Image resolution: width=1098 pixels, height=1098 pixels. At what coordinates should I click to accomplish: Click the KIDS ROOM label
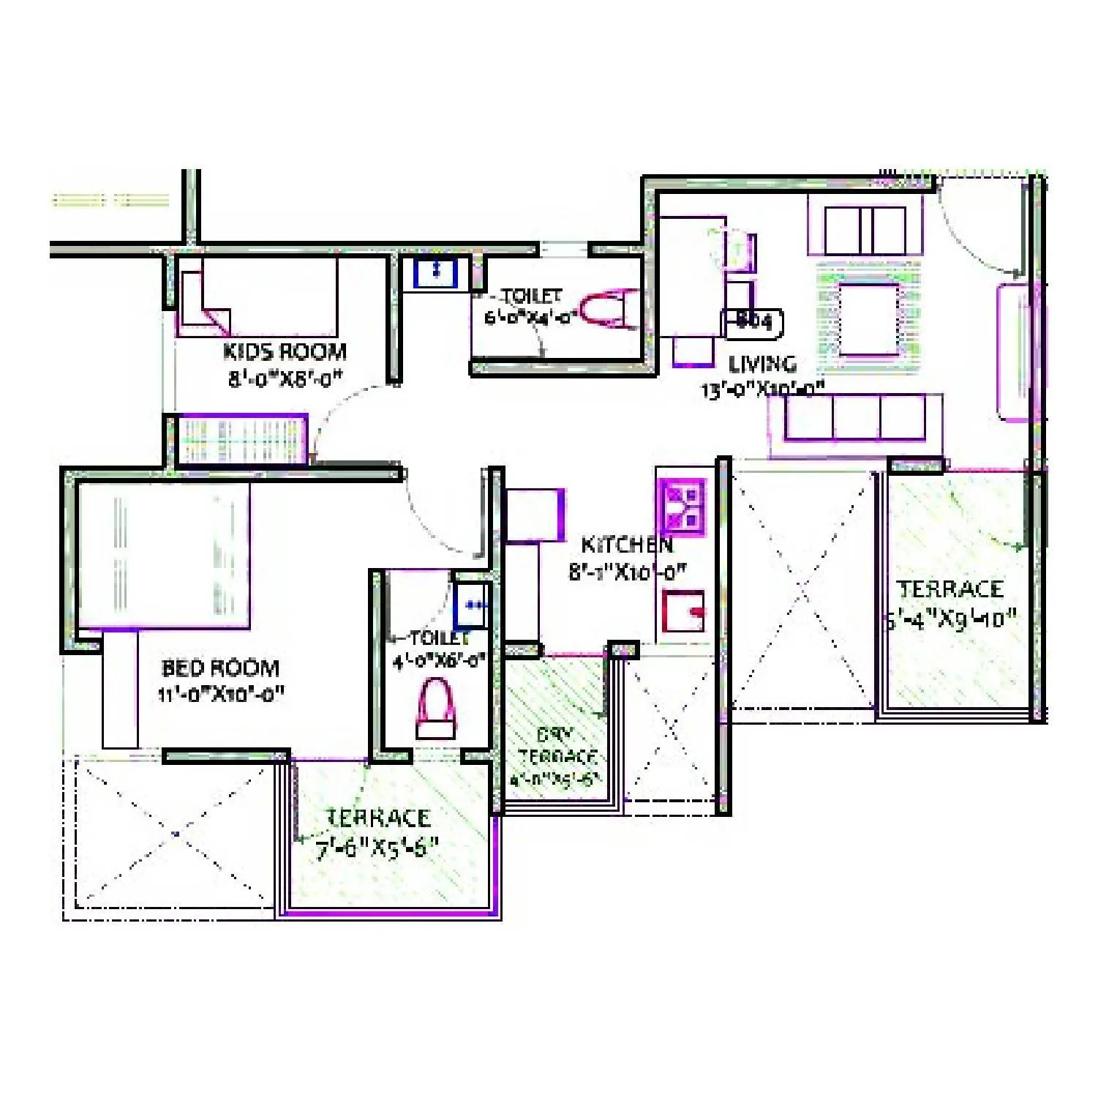pyautogui.click(x=285, y=352)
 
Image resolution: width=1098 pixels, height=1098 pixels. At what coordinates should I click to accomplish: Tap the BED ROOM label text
pyautogui.click(x=220, y=668)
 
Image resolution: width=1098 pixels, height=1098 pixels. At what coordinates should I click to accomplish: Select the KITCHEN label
pyautogui.click(x=626, y=545)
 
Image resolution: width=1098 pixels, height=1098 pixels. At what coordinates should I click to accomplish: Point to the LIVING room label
pyautogui.click(x=762, y=364)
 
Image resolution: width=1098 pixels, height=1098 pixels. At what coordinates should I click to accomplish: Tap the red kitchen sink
pyautogui.click(x=683, y=610)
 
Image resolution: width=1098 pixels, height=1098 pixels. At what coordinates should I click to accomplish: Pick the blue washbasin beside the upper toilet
pyautogui.click(x=435, y=272)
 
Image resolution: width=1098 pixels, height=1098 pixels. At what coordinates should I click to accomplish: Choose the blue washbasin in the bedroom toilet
pyautogui.click(x=472, y=605)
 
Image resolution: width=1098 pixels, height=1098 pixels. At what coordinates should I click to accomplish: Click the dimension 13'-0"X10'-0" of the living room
pyautogui.click(x=763, y=389)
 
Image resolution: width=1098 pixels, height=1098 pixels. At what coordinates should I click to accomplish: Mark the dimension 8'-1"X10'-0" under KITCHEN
pyautogui.click(x=626, y=572)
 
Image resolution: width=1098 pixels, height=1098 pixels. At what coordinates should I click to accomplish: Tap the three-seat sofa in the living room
pyautogui.click(x=854, y=418)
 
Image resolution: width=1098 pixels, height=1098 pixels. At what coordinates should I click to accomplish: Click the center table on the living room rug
pyautogui.click(x=868, y=318)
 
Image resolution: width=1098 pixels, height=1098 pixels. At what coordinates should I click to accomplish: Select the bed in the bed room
pyautogui.click(x=165, y=555)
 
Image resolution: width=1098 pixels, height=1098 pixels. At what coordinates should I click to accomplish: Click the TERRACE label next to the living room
pyautogui.click(x=950, y=589)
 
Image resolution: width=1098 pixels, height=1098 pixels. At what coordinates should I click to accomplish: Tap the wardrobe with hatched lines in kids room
pyautogui.click(x=241, y=439)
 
